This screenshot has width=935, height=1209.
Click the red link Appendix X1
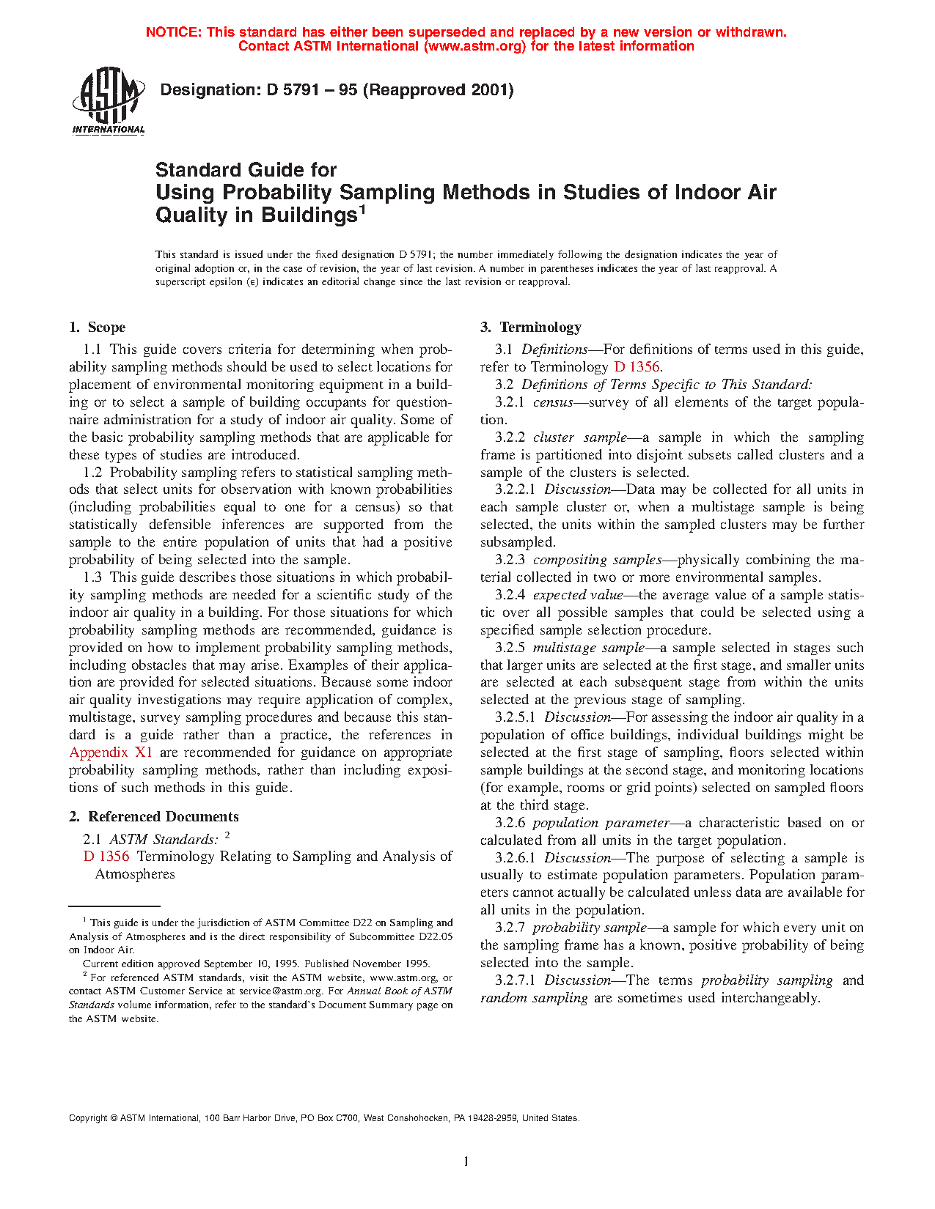[x=111, y=753]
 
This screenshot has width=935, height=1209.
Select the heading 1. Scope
[x=98, y=328]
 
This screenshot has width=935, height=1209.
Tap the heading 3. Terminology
[x=531, y=328]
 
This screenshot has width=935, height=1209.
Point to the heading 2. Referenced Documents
[x=154, y=817]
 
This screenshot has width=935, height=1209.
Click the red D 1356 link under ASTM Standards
[x=106, y=857]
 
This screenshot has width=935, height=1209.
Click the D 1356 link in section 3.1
[x=637, y=367]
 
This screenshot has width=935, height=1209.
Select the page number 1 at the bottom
[x=466, y=1161]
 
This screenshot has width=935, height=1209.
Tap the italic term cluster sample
[x=579, y=437]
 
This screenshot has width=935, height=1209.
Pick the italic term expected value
[x=578, y=595]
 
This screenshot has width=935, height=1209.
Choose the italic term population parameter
[x=601, y=823]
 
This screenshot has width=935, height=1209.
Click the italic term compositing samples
[x=597, y=560]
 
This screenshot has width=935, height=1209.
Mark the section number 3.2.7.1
[x=516, y=980]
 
